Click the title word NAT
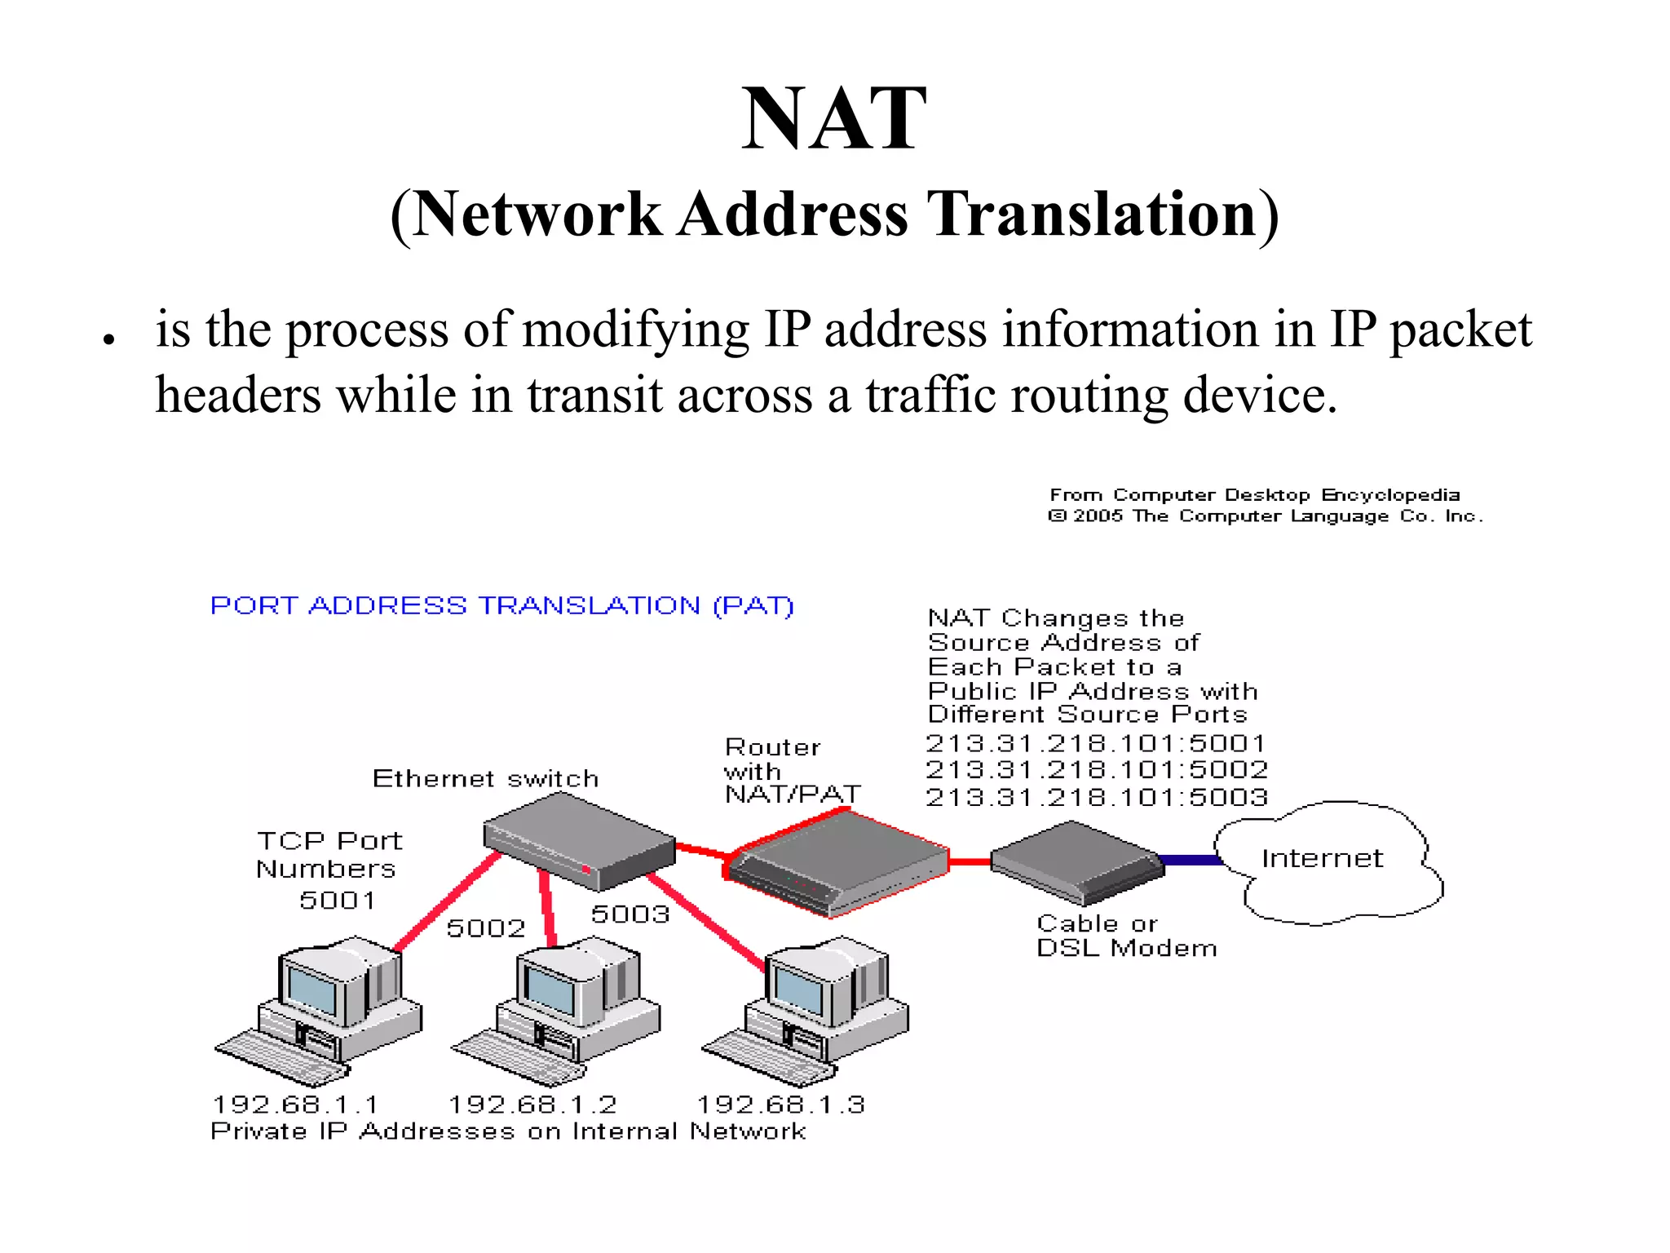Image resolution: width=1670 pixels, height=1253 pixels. click(833, 119)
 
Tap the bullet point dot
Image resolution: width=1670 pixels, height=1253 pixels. click(108, 339)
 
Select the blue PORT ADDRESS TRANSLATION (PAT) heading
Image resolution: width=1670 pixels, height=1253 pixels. click(501, 605)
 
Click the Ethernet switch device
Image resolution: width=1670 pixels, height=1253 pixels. click(579, 840)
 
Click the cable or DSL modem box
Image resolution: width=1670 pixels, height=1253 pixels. click(1076, 862)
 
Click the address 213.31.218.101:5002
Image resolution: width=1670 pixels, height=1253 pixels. click(1096, 769)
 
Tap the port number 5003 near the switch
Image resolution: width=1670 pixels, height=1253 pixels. click(630, 914)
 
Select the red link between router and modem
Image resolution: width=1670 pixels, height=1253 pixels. click(970, 861)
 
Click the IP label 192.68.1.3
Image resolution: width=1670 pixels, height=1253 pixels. click(780, 1105)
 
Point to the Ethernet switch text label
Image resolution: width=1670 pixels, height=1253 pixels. click(485, 778)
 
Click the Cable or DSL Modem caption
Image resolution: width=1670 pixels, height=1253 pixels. click(1126, 936)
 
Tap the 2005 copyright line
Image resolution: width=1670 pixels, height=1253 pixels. click(1265, 516)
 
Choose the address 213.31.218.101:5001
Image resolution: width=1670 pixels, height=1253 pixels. click(1095, 743)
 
